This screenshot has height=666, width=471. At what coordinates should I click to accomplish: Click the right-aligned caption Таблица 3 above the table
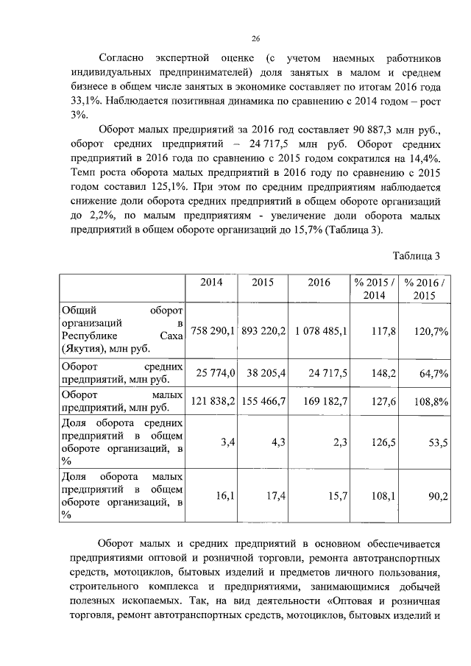coord(416,256)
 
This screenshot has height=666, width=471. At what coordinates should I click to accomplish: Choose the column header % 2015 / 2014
coord(373,288)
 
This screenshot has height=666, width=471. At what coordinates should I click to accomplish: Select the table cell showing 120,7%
coord(431,331)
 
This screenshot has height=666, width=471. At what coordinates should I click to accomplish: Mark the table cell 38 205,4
coord(263,374)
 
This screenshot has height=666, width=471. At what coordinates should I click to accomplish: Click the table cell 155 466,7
coord(263,403)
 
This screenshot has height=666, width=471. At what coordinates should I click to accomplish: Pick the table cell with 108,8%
coord(431,403)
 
